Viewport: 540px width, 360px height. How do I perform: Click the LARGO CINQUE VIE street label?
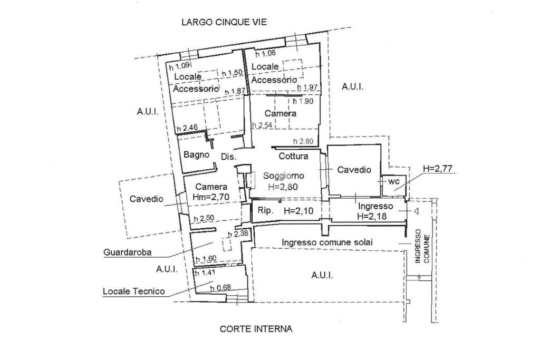click(x=224, y=22)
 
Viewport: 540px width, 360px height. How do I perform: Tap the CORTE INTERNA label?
click(x=256, y=329)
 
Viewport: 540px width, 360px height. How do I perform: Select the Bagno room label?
click(x=196, y=155)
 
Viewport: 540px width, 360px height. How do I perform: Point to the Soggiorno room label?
click(x=284, y=176)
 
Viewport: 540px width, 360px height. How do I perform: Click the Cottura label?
click(x=293, y=156)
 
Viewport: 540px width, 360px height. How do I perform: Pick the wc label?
click(x=394, y=181)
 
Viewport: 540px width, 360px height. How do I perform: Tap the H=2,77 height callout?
click(x=438, y=169)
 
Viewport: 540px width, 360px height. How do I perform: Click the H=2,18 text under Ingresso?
click(x=375, y=216)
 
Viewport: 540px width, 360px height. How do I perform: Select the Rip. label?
click(x=265, y=210)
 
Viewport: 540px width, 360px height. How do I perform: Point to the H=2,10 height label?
click(x=298, y=210)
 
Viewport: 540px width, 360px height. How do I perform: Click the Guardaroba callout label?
click(x=127, y=252)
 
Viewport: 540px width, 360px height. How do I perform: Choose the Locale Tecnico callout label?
click(x=133, y=291)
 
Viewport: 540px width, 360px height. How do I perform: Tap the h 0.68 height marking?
click(x=220, y=288)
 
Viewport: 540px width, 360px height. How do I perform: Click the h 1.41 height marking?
click(x=205, y=273)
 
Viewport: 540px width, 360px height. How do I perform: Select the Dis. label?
click(x=228, y=157)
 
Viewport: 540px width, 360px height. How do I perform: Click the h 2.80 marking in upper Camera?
click(x=304, y=141)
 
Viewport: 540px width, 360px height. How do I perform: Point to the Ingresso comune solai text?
click(x=327, y=242)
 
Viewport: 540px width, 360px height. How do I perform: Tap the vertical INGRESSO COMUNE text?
click(x=422, y=246)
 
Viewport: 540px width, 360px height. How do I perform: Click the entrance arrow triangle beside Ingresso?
click(x=416, y=211)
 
